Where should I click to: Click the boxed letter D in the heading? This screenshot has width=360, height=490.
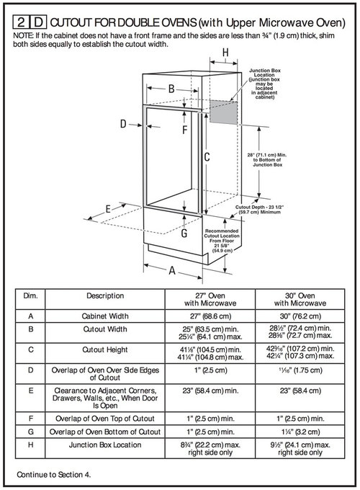(x=34, y=23)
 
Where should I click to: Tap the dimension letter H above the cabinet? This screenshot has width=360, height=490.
(x=225, y=53)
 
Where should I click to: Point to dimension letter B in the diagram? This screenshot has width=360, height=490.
(x=172, y=89)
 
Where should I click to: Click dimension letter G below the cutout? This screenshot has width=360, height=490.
(x=184, y=233)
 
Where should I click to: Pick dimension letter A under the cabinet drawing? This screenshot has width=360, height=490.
(x=174, y=272)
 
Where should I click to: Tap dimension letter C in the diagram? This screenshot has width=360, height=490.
(x=206, y=156)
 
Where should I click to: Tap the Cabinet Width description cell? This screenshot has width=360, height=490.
(x=105, y=316)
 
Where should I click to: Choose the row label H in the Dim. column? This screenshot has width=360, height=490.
(x=31, y=444)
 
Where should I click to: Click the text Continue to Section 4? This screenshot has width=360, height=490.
(x=55, y=476)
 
